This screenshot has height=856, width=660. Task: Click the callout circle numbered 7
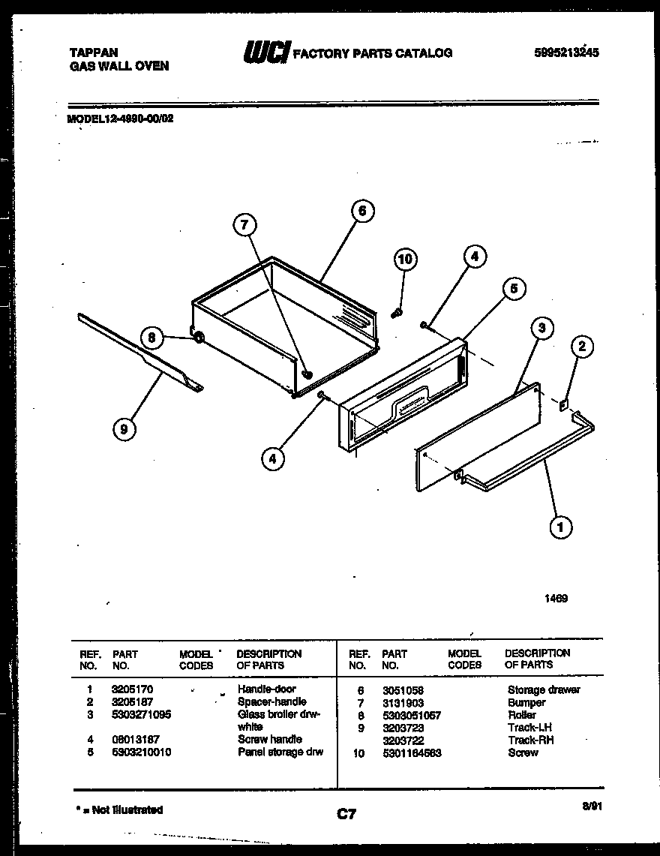[244, 224]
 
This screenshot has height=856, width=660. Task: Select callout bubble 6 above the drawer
[361, 212]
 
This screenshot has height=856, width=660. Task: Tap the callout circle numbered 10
[404, 260]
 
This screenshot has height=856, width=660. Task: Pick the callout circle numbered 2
[582, 346]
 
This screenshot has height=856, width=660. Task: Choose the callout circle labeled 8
[151, 338]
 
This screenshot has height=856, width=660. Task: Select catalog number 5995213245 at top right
[566, 53]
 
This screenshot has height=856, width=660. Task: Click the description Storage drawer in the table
[544, 689]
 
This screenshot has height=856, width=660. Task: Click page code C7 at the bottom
[346, 813]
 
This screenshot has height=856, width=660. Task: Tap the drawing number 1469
[556, 599]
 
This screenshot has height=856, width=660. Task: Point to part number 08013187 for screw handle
[135, 739]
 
